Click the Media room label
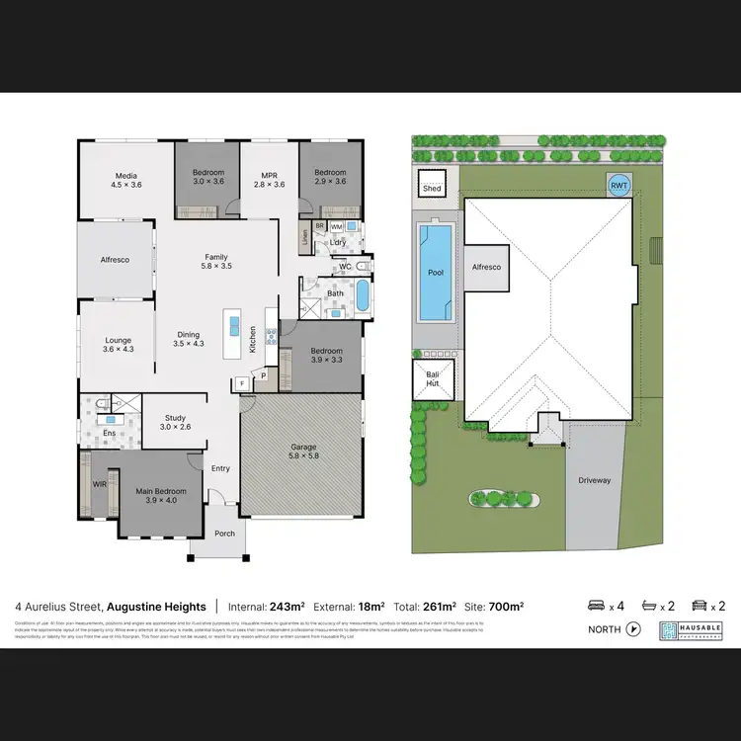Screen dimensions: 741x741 125,179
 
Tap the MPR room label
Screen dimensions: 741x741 269,179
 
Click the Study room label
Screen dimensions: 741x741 175,422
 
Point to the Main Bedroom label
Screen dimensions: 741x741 154,494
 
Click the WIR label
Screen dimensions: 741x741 99,484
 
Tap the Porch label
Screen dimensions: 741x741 224,534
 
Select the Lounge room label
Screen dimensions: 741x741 118,344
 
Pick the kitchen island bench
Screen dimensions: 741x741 234,335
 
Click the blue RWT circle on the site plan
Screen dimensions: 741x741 618,185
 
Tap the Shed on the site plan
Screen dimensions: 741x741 432,187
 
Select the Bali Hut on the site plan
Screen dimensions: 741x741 432,377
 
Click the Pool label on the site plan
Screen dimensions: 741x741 435,273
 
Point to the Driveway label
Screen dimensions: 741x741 596,480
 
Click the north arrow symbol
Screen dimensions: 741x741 633,628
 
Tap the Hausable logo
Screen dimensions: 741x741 692,630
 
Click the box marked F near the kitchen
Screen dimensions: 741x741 241,383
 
